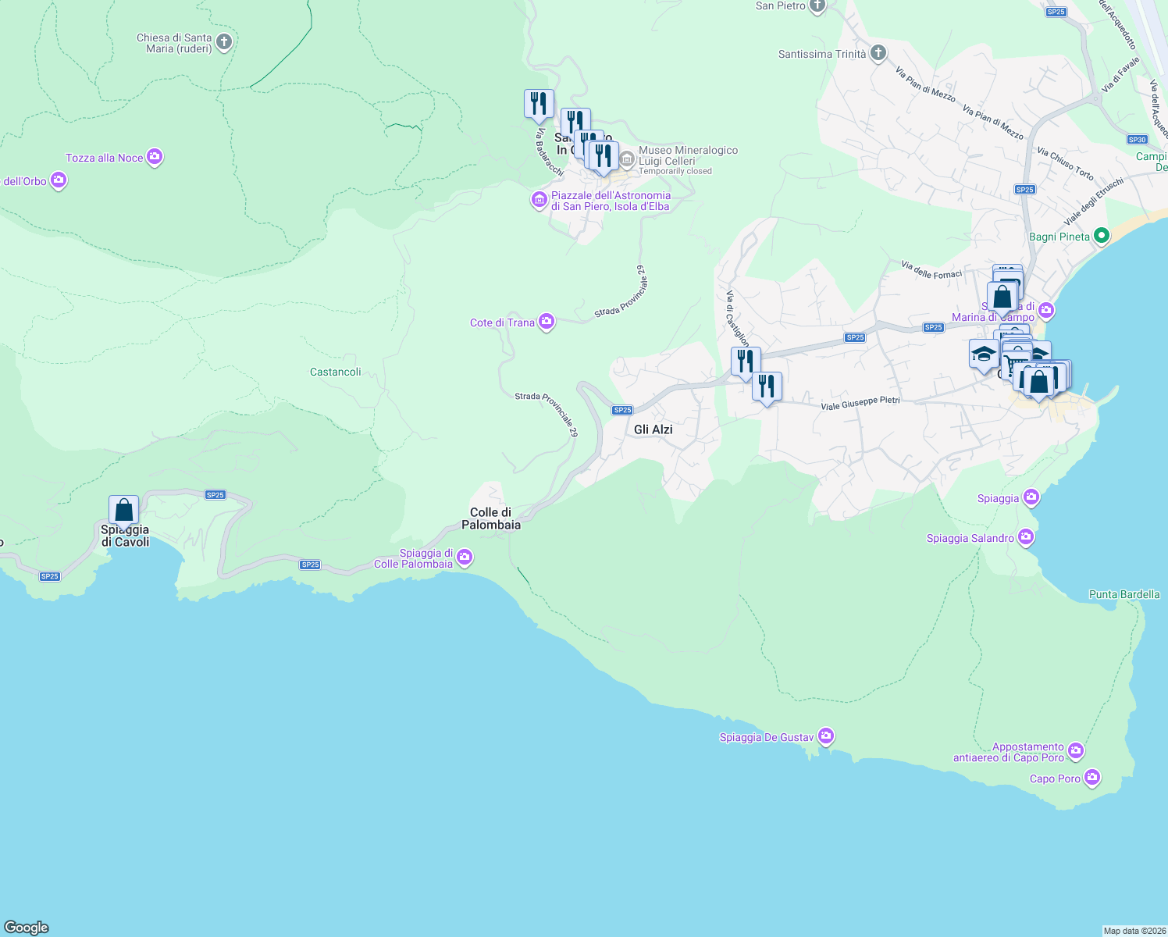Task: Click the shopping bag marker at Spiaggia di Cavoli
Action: point(123,511)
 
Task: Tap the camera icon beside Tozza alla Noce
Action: point(155,158)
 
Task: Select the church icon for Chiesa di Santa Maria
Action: point(224,42)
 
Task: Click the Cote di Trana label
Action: point(502,322)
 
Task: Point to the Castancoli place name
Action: point(336,372)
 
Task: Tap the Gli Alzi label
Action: point(653,429)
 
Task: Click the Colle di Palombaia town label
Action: point(491,518)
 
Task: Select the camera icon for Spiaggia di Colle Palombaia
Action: point(465,557)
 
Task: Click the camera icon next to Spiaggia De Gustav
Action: point(826,736)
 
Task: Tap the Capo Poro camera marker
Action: point(1092,778)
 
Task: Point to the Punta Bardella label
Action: point(1124,594)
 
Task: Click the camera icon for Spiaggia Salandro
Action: point(1026,537)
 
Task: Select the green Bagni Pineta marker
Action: point(1102,235)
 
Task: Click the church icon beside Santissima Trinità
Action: point(878,53)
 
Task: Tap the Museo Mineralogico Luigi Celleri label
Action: point(687,155)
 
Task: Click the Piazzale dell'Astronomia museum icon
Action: point(539,200)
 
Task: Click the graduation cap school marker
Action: point(984,354)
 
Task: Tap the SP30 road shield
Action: point(1138,140)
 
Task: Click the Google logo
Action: point(27,928)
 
